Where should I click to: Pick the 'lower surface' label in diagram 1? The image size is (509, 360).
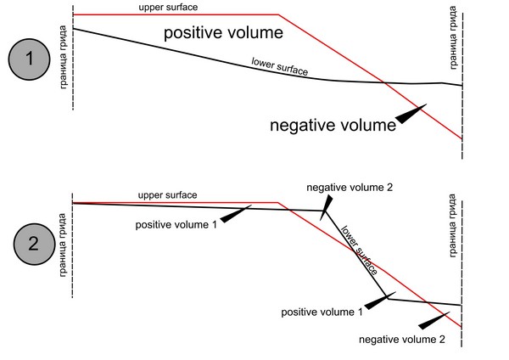click(279, 67)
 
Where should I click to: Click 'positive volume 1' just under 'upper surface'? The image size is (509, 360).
click(176, 224)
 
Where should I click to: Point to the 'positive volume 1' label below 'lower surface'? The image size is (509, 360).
click(322, 312)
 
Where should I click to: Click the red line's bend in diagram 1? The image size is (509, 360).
click(279, 14)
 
